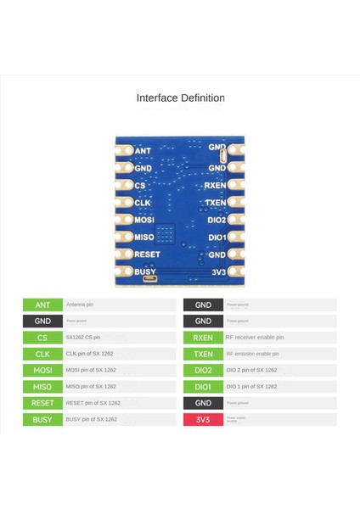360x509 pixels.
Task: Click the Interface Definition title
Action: click(x=180, y=98)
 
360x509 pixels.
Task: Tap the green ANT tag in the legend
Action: click(x=42, y=305)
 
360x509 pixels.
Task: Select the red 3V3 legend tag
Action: click(x=203, y=419)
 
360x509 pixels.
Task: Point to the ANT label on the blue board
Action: click(x=143, y=150)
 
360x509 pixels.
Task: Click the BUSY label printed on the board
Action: click(x=145, y=271)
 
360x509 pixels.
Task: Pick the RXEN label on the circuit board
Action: click(x=216, y=185)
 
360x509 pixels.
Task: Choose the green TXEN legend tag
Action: click(x=203, y=354)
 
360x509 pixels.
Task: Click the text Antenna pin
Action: click(x=80, y=305)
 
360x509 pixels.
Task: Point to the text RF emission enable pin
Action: click(x=252, y=354)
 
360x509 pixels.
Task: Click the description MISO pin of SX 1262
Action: click(x=91, y=387)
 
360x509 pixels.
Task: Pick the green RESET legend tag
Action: click(x=42, y=403)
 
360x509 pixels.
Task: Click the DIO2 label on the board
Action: click(x=217, y=220)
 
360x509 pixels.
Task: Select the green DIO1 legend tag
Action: click(x=203, y=387)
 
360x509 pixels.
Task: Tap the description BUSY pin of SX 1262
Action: click(x=91, y=419)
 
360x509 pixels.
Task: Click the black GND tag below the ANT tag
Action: click(x=42, y=322)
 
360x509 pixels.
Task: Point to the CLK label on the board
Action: click(x=143, y=202)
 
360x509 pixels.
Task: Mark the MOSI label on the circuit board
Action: click(x=144, y=220)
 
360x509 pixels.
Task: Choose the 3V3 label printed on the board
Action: click(x=217, y=271)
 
